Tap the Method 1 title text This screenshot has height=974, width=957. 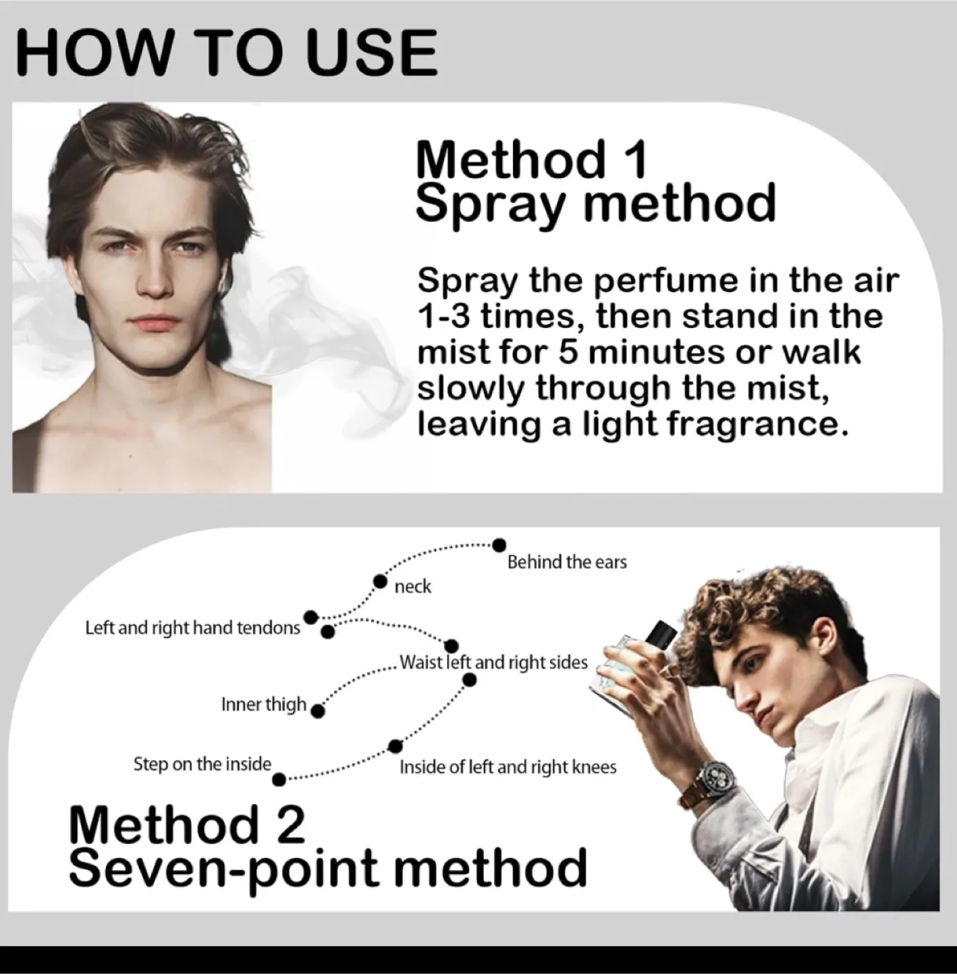(x=531, y=160)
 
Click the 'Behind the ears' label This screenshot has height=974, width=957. (x=566, y=562)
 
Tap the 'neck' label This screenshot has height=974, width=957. (x=412, y=586)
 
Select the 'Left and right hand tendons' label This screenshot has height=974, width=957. (x=192, y=628)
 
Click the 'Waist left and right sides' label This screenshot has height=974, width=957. (x=493, y=662)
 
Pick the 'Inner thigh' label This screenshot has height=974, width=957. (x=263, y=705)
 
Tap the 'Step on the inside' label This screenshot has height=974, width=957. (x=202, y=764)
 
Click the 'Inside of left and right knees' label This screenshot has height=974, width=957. (x=508, y=767)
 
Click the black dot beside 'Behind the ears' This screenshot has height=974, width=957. (x=499, y=544)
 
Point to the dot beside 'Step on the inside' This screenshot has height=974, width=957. (x=278, y=780)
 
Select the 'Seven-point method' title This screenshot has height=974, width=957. (x=328, y=868)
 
